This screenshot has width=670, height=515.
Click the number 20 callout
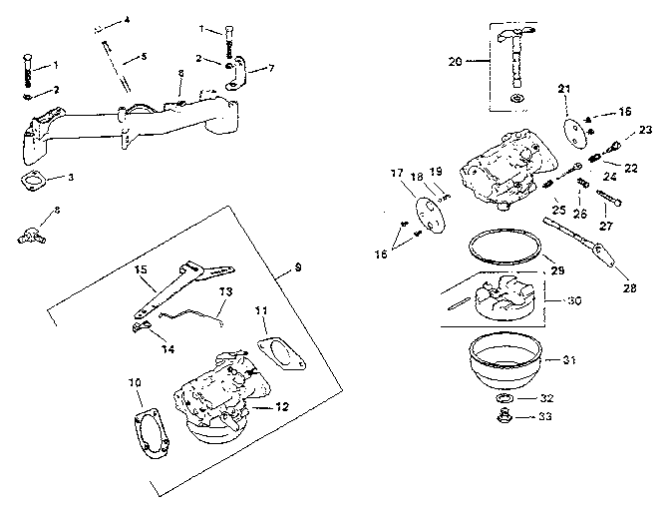coord(456,62)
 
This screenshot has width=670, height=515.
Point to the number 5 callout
coord(144,57)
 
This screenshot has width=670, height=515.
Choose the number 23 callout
coord(645,130)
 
